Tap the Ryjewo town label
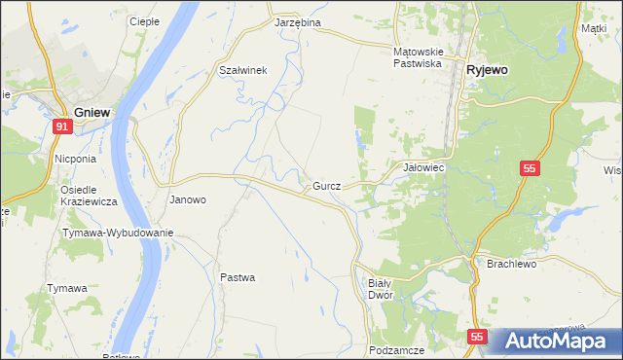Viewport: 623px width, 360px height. point(490,70)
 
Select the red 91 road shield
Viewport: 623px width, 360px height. point(62,126)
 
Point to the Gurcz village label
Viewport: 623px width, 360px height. point(326,185)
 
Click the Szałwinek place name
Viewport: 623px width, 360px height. point(243,69)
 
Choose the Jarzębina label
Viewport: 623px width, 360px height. point(298,21)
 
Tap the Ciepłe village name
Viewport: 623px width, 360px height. point(144,20)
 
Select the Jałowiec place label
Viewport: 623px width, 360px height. point(423,167)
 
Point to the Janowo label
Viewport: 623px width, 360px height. point(188,199)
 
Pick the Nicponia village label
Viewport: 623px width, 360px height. point(75,159)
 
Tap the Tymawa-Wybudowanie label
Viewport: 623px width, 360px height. point(118,233)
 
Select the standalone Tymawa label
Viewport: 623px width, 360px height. point(67,288)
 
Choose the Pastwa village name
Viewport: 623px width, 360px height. point(238,277)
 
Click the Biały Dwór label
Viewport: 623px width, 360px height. point(380,288)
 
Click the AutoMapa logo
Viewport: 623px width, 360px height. point(556,341)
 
